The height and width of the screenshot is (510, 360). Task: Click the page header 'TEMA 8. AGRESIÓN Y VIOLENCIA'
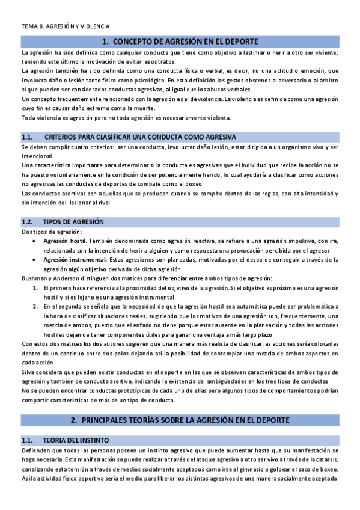[x=66, y=26]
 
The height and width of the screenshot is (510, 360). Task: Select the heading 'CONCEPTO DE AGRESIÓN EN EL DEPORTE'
[x=185, y=41]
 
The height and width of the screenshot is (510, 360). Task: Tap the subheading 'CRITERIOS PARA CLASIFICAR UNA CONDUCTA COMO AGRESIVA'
[x=140, y=137]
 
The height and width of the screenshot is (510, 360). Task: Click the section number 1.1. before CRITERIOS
[x=30, y=137]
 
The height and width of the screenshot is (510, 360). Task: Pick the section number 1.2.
[x=30, y=222]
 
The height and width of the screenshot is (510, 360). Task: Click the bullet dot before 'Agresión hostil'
[x=36, y=241]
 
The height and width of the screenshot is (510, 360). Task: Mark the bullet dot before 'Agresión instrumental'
[x=36, y=260]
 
